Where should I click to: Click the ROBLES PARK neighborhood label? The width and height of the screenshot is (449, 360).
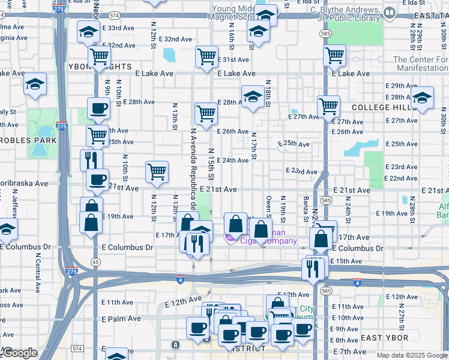pos(28,140)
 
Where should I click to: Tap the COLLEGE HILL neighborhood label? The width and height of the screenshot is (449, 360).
pos(384,107)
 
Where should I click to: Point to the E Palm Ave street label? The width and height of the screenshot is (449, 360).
pos(121,319)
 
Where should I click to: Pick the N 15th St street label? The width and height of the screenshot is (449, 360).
pos(211,163)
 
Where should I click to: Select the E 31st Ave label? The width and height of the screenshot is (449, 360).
pos(235,59)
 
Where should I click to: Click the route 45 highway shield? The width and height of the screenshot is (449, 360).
pos(95,262)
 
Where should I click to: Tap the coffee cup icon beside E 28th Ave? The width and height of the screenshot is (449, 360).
pos(98,109)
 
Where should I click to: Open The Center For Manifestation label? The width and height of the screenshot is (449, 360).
pos(420,64)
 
